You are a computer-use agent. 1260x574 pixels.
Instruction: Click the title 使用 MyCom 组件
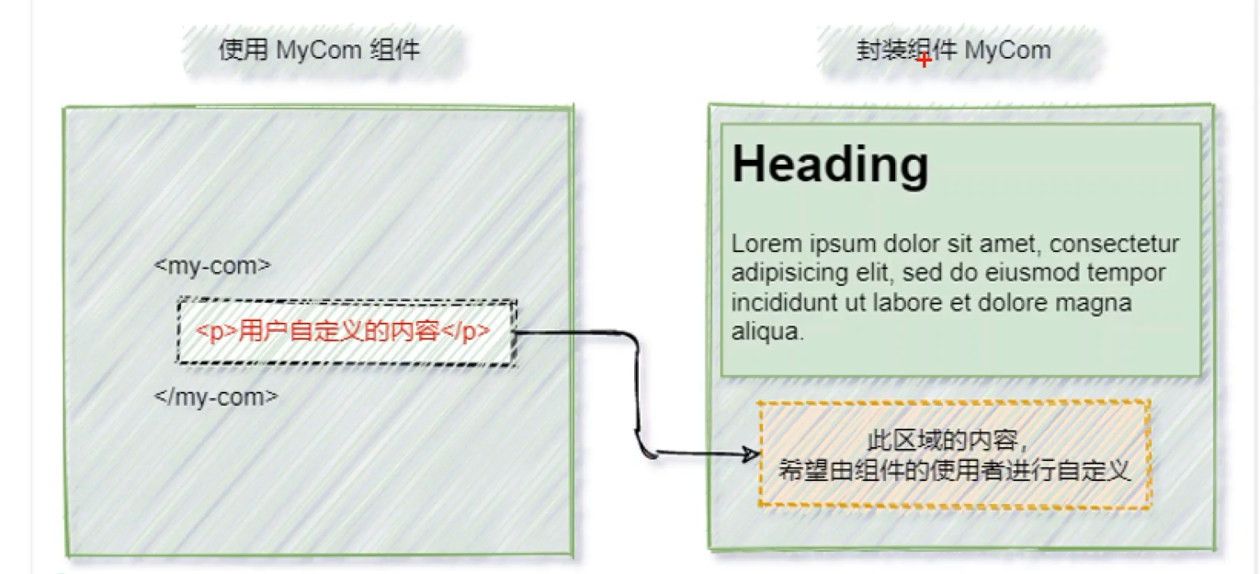pos(319,50)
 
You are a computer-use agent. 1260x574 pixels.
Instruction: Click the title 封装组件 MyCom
pos(953,50)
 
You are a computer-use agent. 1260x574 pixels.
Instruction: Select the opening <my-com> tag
pos(213,266)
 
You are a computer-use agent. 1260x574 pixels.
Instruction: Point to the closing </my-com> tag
pos(216,396)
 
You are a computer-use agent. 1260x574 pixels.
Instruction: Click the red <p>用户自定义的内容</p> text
pos(343,331)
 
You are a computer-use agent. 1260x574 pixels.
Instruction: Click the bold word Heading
pos(830,165)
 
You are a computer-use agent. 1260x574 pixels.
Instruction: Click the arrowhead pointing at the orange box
pos(753,453)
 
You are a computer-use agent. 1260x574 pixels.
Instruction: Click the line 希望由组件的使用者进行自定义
pos(953,471)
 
